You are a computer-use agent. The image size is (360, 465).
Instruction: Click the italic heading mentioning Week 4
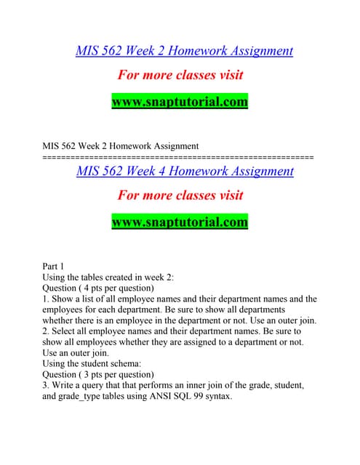pyautogui.click(x=185, y=171)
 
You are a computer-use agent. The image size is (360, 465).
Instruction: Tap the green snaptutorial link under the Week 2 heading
pyautogui.click(x=180, y=102)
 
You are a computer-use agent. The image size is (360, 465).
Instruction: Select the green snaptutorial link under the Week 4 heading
pyautogui.click(x=180, y=222)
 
